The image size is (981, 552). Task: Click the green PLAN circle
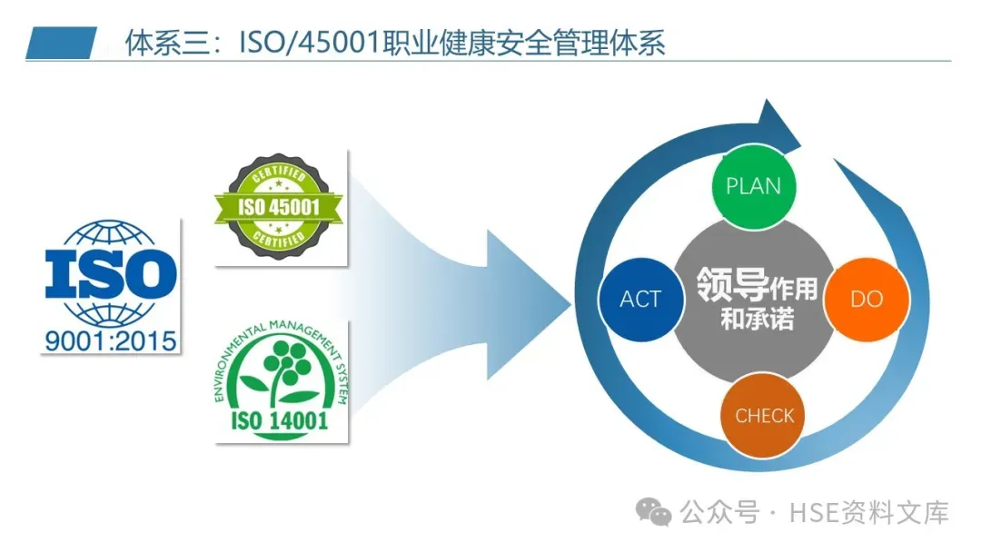(x=753, y=186)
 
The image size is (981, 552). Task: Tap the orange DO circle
(x=866, y=299)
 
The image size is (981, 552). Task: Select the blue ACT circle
(x=640, y=299)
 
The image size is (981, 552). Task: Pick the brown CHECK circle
(x=764, y=415)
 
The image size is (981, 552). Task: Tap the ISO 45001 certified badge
(x=279, y=207)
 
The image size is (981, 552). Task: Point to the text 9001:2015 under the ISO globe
(x=111, y=342)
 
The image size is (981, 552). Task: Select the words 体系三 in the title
(x=155, y=44)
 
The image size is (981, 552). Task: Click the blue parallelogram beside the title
(x=61, y=43)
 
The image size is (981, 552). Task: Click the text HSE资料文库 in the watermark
(x=870, y=513)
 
